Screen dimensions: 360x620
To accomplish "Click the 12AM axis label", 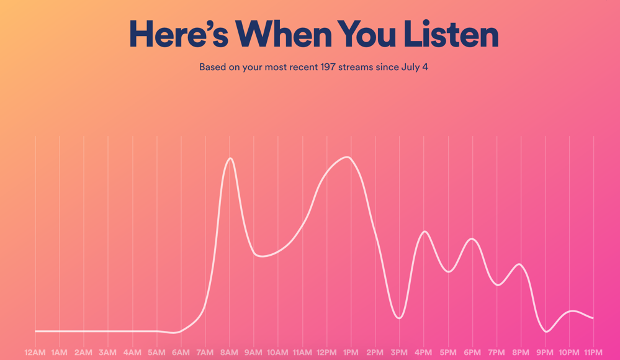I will pyautogui.click(x=35, y=353).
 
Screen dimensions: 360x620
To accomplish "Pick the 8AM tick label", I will pyautogui.click(x=229, y=353).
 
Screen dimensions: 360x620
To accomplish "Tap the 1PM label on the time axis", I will pyautogui.click(x=351, y=353).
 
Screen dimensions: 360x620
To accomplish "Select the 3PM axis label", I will pyautogui.click(x=399, y=353).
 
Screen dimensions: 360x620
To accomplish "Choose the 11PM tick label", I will pyautogui.click(x=593, y=353).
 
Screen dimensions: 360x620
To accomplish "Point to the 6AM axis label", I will pyautogui.click(x=181, y=353).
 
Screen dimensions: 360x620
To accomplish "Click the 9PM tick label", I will pyautogui.click(x=545, y=353).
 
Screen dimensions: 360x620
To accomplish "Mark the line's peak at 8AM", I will pyautogui.click(x=230, y=158).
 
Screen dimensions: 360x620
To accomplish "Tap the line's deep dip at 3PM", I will pyautogui.click(x=399, y=318).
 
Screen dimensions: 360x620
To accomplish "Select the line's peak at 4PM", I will pyautogui.click(x=425, y=232).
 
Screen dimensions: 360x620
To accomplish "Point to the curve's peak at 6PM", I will pyautogui.click(x=473, y=239).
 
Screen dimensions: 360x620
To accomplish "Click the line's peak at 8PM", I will pyautogui.click(x=520, y=264).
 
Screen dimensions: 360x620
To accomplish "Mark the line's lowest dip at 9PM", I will pyautogui.click(x=546, y=331).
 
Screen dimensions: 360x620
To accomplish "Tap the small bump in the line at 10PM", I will pyautogui.click(x=572, y=311).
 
